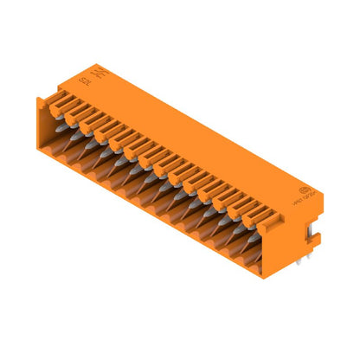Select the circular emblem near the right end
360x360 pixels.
coord(303,190)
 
